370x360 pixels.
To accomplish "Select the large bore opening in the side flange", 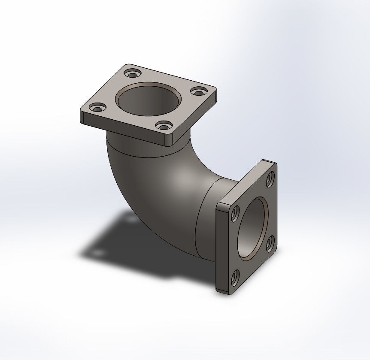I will point(253,228).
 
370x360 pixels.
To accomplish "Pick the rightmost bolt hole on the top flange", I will point(198,91).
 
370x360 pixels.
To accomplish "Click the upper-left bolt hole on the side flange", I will point(235,213).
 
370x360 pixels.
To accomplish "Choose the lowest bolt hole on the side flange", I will point(235,278).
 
